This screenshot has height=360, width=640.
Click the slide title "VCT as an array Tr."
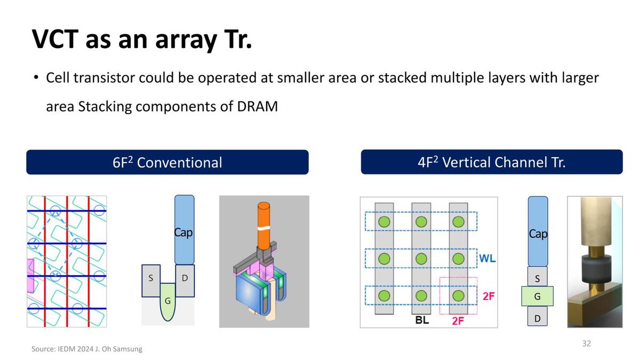click(141, 38)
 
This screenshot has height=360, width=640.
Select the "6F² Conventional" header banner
click(167, 162)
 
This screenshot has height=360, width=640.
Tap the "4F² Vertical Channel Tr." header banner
click(491, 162)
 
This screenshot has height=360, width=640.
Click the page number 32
click(586, 343)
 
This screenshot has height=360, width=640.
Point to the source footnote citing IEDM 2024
click(87, 349)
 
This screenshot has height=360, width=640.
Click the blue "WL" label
click(487, 259)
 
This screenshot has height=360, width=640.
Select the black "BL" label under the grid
click(422, 321)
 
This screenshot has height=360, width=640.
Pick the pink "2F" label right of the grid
click(489, 295)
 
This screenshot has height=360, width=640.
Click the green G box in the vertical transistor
click(537, 296)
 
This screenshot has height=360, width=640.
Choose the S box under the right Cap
click(537, 278)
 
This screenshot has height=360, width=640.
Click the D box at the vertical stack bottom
click(537, 319)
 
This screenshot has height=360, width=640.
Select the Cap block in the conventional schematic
click(184, 229)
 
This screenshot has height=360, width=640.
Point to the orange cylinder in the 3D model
click(263, 224)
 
